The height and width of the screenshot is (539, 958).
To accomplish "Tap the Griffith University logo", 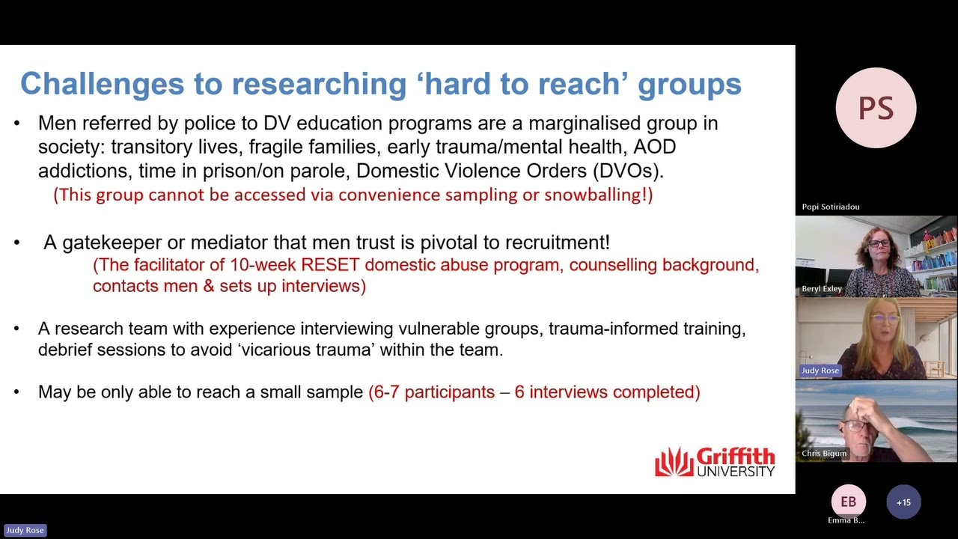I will coord(715,462).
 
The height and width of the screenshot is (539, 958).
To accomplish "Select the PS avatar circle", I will coord(876,108).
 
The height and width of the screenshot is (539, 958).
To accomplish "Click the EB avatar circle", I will coord(848,502).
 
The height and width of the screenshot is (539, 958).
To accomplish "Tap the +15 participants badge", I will coord(903,502).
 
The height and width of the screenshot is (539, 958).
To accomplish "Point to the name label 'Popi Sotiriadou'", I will coord(830,207).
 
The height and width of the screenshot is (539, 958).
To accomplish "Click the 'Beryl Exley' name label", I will coord(822,289).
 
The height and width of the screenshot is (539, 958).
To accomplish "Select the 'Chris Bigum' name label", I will coord(824,454).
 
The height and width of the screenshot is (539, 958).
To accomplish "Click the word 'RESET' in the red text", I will coord(330,265).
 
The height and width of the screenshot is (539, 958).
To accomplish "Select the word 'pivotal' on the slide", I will coord(472,243).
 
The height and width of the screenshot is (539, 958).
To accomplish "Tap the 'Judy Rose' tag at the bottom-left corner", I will coord(25,530).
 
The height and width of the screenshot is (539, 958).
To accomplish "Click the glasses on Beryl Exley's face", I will coord(879,244).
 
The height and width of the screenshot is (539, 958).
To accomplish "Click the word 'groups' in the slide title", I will coord(689,84).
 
